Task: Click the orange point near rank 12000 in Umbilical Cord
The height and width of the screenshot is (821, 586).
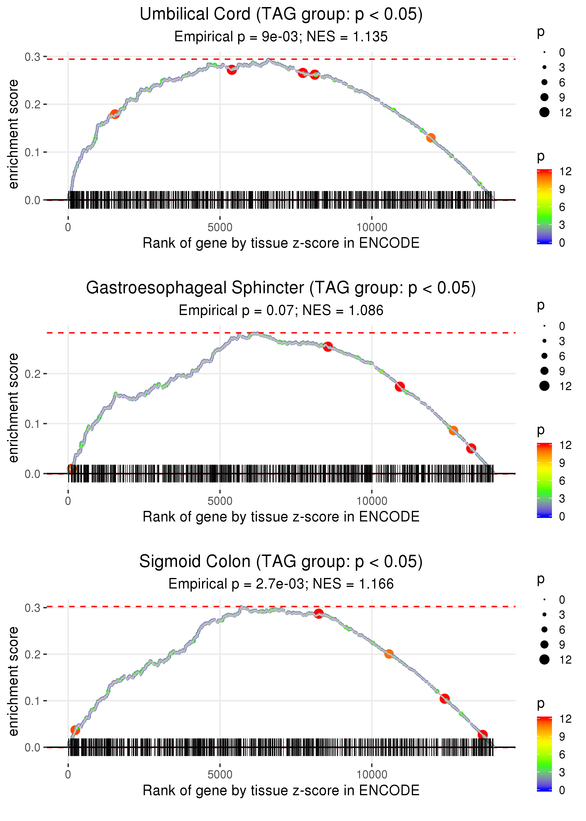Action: (x=431, y=137)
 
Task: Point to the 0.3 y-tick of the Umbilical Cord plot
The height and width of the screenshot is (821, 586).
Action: (x=33, y=57)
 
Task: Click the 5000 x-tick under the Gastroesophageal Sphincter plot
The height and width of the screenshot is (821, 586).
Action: (x=220, y=501)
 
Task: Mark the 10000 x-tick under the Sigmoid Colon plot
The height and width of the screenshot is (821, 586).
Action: (x=372, y=775)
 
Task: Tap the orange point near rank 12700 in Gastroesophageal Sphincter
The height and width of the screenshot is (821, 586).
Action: (x=453, y=430)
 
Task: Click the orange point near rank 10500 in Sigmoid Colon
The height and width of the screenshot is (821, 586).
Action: (x=389, y=654)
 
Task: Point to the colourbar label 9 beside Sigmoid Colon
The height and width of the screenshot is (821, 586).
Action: (x=562, y=737)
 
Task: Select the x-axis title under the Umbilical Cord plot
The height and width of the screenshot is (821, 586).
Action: (x=281, y=243)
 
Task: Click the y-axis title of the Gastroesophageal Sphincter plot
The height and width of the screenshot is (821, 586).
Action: (x=14, y=408)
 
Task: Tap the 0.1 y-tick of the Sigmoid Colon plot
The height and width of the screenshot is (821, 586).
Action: (x=33, y=701)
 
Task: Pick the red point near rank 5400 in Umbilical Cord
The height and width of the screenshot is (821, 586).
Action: (x=232, y=70)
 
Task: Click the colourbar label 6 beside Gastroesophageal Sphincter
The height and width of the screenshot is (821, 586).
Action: (x=562, y=481)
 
